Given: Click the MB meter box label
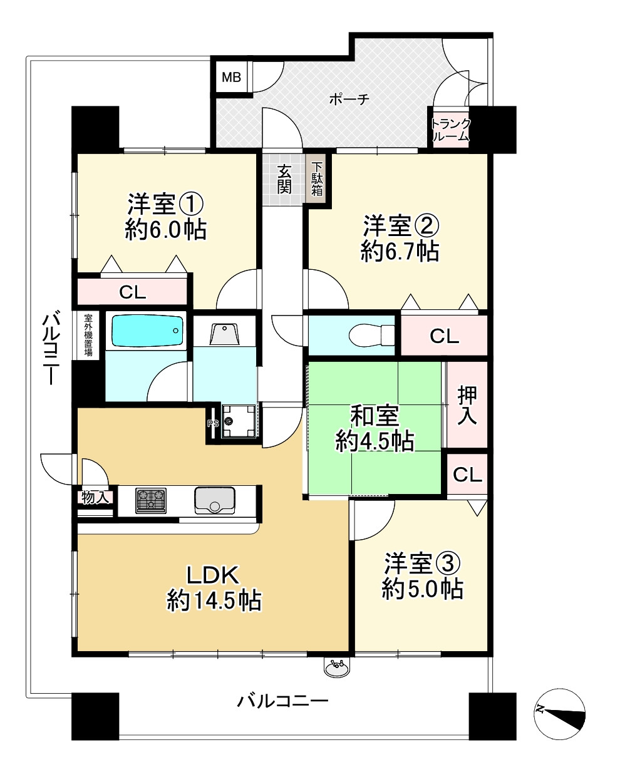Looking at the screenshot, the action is point(232,78).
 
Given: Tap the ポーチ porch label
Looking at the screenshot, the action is point(349,99).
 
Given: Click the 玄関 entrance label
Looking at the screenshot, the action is point(284,180).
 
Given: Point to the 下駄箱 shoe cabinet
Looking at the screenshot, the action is point(318,180).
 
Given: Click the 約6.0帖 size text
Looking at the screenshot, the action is point(166,229).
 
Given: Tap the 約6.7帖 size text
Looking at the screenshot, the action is point(400,251).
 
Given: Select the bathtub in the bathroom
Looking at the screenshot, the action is point(147,331).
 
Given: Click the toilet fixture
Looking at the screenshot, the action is point(371,335).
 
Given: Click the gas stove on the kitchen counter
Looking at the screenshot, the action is point(151,501).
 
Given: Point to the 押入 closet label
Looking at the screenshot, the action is point(467,405).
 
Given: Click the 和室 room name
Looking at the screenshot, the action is point(375,415).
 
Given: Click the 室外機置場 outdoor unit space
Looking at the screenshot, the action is point(88,335).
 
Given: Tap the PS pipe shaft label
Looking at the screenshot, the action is point(212,423).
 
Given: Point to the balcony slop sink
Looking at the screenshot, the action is point(337,667).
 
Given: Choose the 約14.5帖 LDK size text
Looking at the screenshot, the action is point(214,600).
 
